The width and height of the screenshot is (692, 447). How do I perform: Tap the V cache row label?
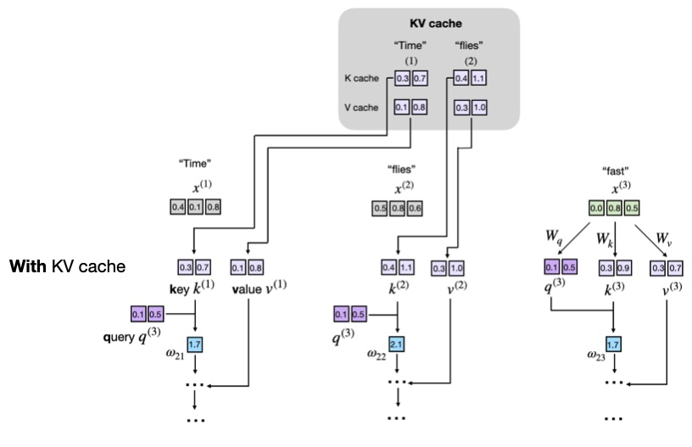[362, 109]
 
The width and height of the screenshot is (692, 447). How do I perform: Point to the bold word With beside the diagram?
[28, 266]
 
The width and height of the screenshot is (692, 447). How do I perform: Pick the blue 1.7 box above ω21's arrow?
[194, 344]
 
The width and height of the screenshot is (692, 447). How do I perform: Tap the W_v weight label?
[664, 238]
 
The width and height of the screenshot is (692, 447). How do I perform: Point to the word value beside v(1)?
[246, 290]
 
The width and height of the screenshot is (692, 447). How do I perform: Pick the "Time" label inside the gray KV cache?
[410, 45]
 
